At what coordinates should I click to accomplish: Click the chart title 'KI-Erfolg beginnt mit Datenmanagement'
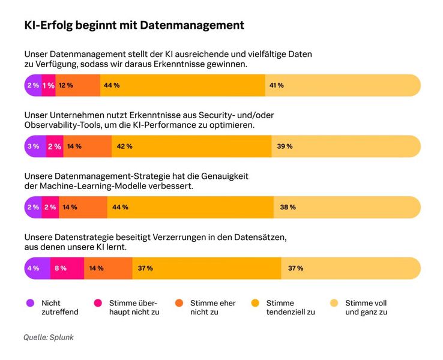click(134, 25)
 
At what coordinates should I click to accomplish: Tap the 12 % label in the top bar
click(65, 85)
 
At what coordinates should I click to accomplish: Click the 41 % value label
click(276, 85)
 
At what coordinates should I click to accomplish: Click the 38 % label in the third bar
click(288, 207)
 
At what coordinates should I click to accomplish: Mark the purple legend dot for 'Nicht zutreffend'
click(30, 303)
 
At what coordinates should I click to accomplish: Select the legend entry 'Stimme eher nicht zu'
click(212, 308)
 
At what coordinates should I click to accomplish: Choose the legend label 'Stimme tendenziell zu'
click(291, 308)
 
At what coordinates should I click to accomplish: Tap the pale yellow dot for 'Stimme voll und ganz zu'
click(334, 303)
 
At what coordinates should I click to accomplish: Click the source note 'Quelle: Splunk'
click(49, 337)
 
